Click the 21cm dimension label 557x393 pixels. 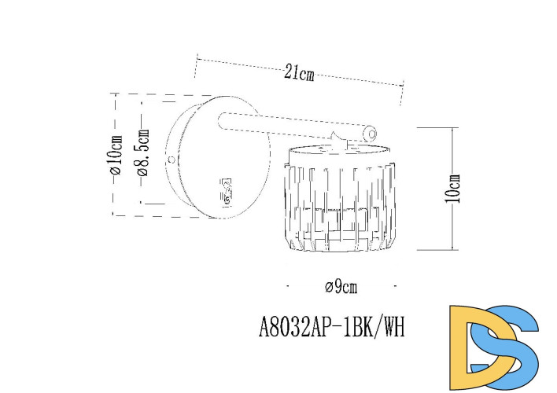[x=299, y=74]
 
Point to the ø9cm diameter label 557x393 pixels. [x=341, y=287]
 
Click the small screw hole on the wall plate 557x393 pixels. [x=171, y=160]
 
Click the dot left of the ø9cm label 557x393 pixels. [x=289, y=284]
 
